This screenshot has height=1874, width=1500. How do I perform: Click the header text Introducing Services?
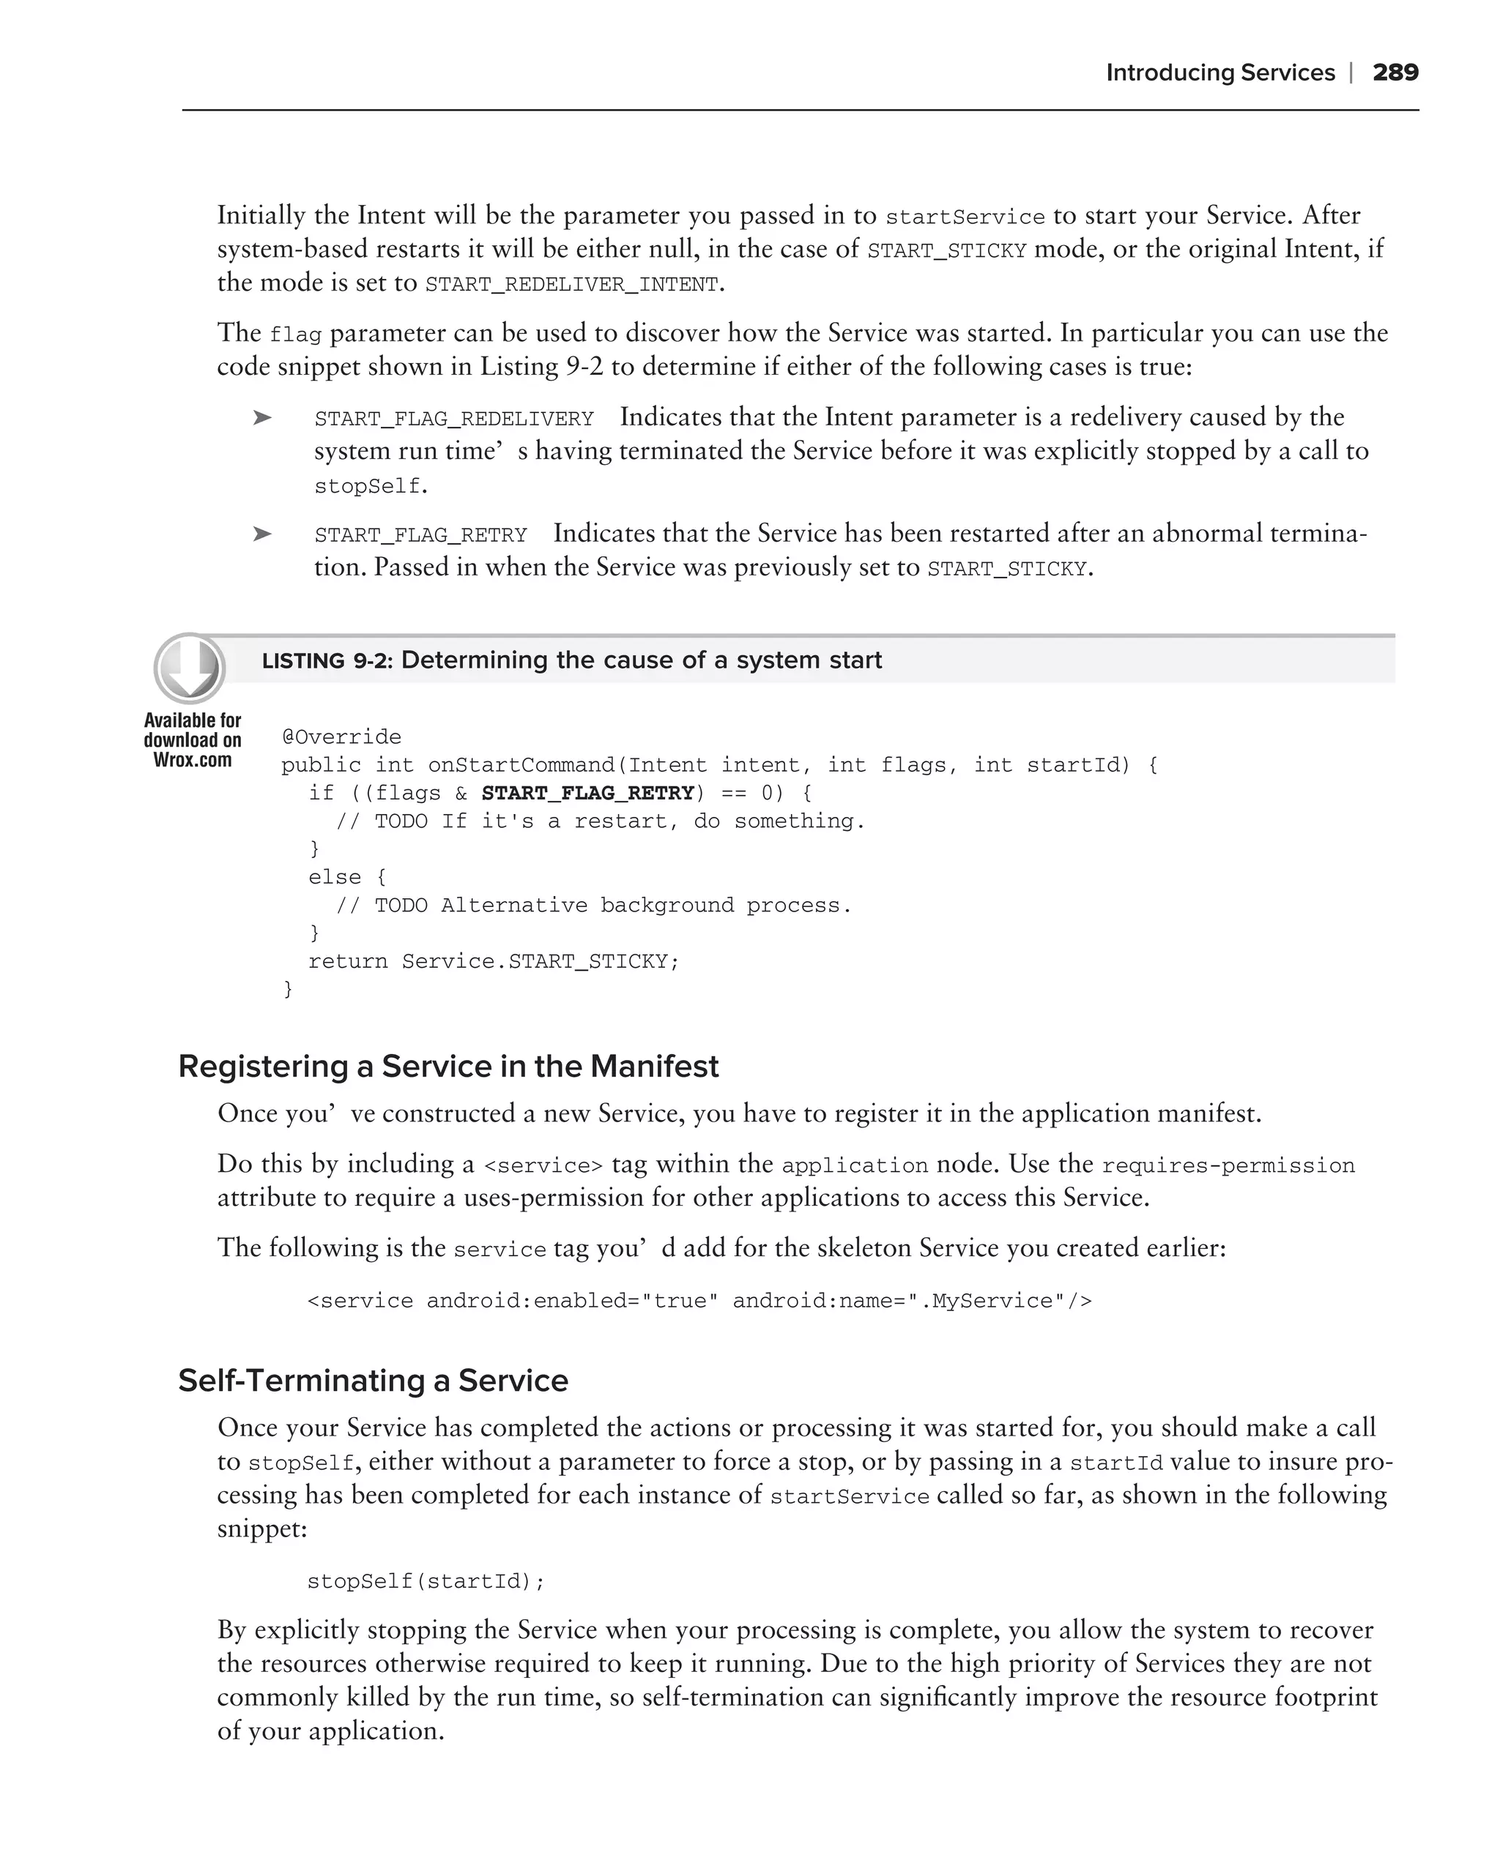click(1219, 73)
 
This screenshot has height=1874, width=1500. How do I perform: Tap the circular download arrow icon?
click(190, 668)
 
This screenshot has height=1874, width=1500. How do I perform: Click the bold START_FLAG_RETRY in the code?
click(588, 793)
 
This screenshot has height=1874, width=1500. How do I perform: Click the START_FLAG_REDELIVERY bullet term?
click(453, 419)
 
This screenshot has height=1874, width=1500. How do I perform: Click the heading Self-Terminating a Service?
click(372, 1381)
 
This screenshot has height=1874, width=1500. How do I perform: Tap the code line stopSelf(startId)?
click(426, 1581)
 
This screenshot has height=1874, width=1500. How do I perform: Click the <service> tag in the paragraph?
click(543, 1165)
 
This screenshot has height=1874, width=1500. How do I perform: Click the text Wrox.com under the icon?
click(192, 761)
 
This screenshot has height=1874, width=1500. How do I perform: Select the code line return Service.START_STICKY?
click(493, 961)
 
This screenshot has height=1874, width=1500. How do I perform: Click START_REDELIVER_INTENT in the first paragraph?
click(571, 285)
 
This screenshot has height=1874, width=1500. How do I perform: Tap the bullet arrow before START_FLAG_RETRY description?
click(261, 534)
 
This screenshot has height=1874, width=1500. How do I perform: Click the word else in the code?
click(334, 877)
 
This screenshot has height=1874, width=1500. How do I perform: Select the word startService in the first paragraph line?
click(965, 217)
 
